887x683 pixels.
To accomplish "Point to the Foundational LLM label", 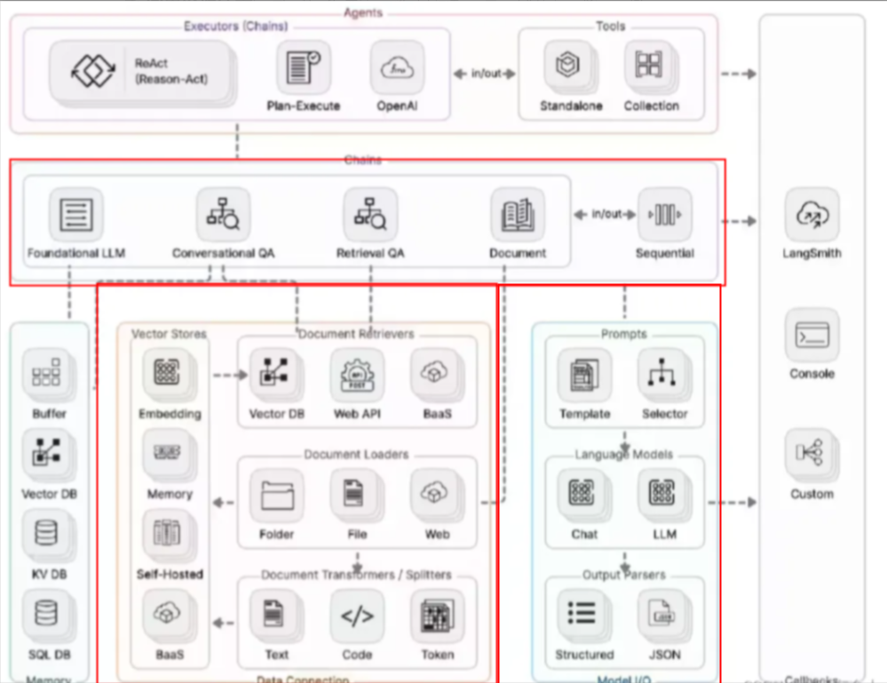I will click(76, 253).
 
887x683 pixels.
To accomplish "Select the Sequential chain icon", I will click(664, 215).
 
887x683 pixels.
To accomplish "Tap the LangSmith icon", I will click(812, 214).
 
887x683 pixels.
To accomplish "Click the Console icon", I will click(812, 336).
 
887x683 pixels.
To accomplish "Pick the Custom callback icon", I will click(812, 454).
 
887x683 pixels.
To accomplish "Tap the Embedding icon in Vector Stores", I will click(169, 374).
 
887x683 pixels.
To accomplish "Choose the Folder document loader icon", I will click(277, 495).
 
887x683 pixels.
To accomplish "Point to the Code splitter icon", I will click(357, 615).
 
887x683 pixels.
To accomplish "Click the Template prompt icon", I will click(584, 374).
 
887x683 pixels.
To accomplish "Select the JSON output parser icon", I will click(663, 615).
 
